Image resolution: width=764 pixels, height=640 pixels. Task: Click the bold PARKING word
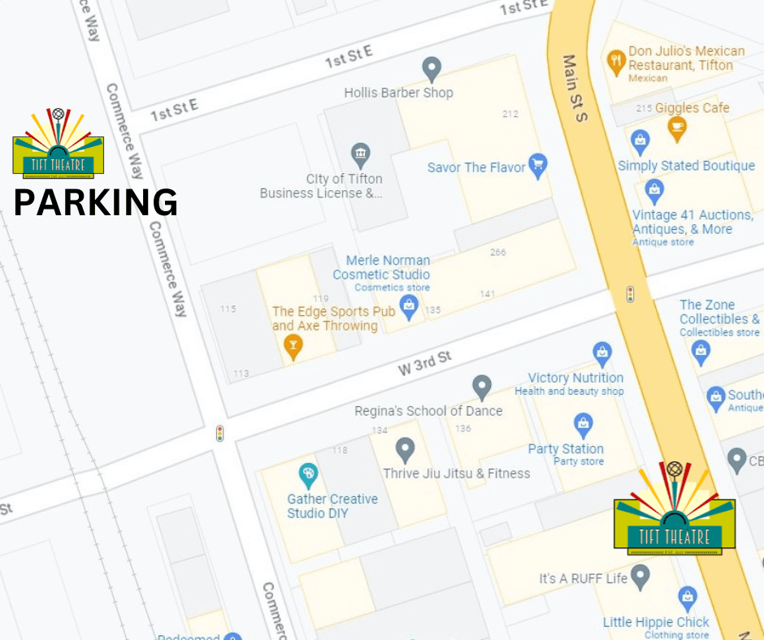(96, 201)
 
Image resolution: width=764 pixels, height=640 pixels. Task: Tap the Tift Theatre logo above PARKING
(58, 145)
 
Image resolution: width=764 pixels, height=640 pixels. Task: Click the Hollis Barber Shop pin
(432, 69)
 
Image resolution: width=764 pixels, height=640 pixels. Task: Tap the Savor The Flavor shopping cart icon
(537, 166)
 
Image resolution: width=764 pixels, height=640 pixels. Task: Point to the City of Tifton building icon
(360, 153)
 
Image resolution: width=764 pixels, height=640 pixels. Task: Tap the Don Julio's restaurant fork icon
(616, 58)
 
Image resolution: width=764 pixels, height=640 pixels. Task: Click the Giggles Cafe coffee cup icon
(676, 127)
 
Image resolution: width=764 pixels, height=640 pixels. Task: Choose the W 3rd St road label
(424, 362)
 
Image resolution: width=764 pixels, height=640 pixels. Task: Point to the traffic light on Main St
(630, 294)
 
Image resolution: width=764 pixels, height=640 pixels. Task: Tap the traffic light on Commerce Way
(219, 433)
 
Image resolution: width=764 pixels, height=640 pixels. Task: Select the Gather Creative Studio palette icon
(308, 474)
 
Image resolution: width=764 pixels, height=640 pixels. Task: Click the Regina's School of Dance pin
(482, 387)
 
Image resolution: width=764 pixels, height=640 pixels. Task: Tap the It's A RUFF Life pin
(640, 577)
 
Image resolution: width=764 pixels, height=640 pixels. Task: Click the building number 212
(510, 114)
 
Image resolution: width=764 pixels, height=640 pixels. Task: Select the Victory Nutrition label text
(575, 378)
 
